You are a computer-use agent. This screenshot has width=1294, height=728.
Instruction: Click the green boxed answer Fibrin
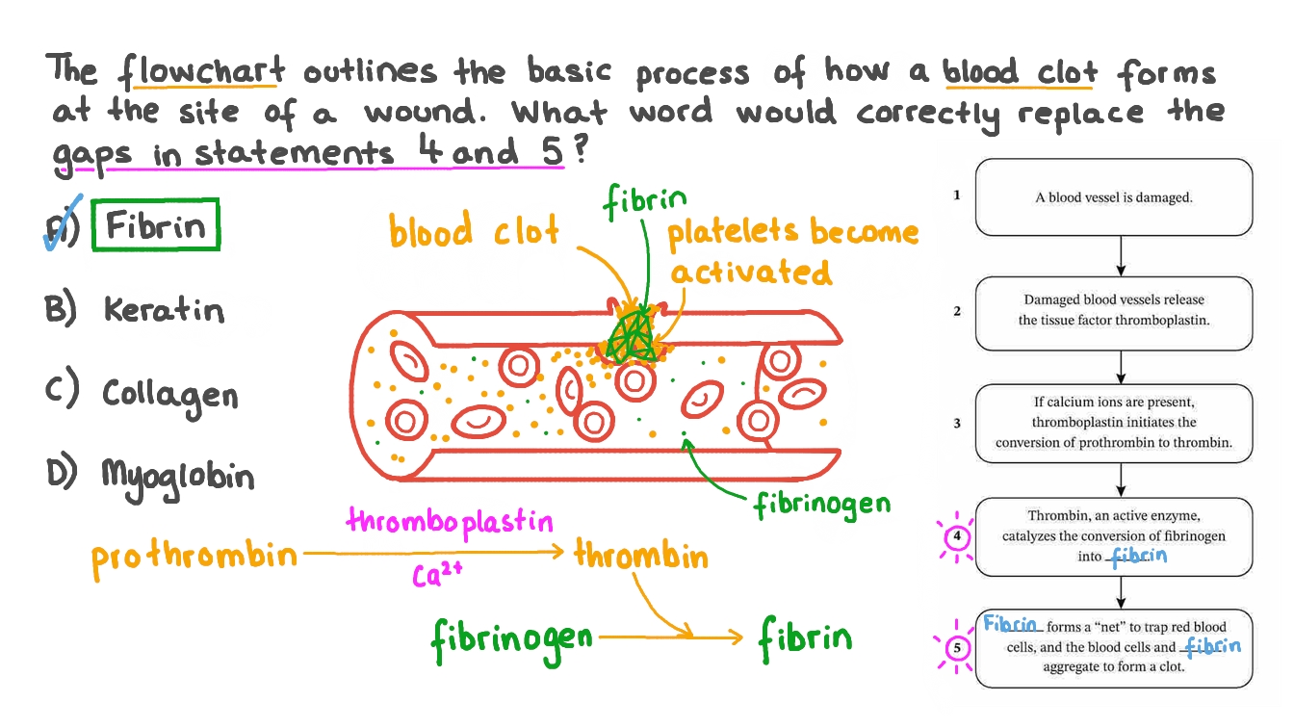[x=156, y=225]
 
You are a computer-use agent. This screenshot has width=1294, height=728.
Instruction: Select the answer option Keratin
[x=164, y=309]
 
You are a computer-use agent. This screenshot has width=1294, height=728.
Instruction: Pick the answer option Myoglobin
[x=178, y=476]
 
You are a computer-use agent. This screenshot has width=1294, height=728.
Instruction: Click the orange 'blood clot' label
[x=473, y=232]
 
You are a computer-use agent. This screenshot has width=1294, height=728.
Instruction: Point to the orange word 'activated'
[x=751, y=273]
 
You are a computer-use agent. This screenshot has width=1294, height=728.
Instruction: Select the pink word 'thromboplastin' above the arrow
[x=450, y=522]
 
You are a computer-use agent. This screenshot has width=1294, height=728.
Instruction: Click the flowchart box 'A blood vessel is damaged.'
[x=1114, y=197]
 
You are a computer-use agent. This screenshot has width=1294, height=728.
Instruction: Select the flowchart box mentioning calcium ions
[x=1114, y=423]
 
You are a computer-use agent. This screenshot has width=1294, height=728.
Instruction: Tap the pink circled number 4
[x=957, y=537]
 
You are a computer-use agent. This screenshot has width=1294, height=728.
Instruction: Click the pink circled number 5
[x=957, y=647]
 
